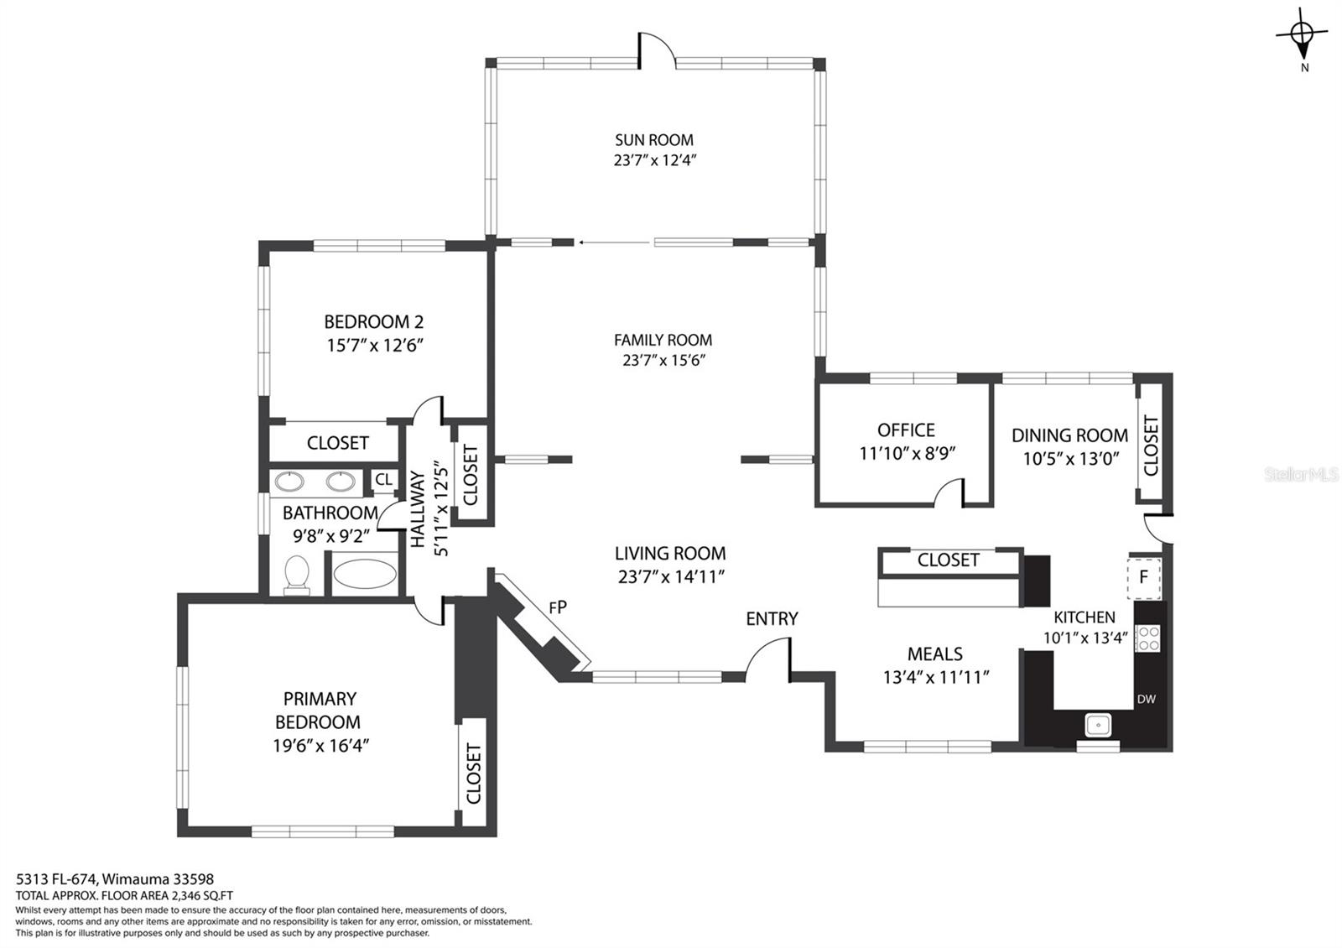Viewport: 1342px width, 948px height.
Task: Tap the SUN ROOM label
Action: pos(653,139)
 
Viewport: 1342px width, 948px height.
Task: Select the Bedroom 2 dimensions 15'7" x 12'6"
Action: pos(375,346)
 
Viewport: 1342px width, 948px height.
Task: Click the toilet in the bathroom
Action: pos(297,576)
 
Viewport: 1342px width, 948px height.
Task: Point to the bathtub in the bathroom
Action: pos(364,574)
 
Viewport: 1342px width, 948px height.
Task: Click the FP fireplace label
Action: pos(558,607)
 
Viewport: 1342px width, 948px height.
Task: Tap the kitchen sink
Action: pos(1098,725)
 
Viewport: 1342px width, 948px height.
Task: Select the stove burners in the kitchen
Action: pos(1147,638)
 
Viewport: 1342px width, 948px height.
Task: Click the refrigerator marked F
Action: pos(1144,578)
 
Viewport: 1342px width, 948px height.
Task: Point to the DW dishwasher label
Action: pos(1146,699)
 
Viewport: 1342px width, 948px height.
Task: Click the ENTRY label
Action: pos(772,618)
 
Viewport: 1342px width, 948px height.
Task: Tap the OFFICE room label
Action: pos(906,430)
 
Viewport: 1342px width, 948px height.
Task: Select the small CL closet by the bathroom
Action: pos(383,479)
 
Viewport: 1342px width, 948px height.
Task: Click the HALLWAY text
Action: pos(417,508)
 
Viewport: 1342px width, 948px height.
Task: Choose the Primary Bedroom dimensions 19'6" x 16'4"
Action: pos(320,746)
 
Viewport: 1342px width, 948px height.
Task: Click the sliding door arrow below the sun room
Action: pos(614,242)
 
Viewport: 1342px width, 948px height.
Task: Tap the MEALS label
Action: pos(934,654)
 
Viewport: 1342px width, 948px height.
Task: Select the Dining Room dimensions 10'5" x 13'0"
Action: pos(1071,459)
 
